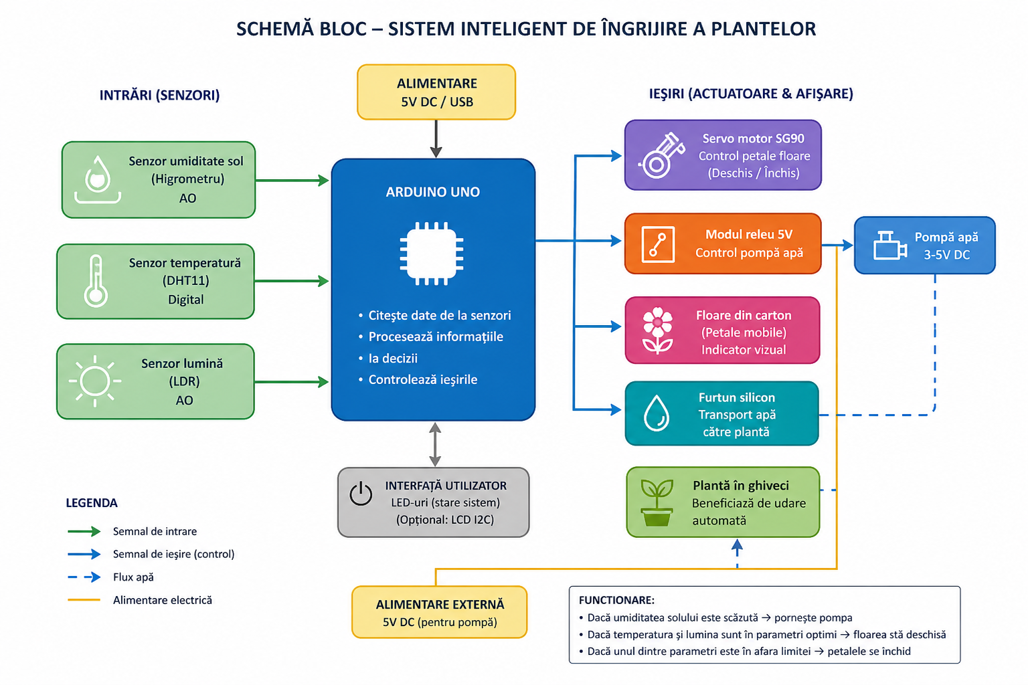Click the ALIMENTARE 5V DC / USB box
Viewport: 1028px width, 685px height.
pyautogui.click(x=436, y=92)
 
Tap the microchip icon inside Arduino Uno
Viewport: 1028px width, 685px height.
pyautogui.click(x=432, y=254)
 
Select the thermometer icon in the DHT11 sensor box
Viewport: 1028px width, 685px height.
pyautogui.click(x=96, y=281)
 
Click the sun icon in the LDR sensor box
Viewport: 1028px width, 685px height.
pyautogui.click(x=95, y=381)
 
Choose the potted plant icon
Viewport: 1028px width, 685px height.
pyautogui.click(x=657, y=503)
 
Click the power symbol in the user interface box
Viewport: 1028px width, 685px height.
pyautogui.click(x=361, y=494)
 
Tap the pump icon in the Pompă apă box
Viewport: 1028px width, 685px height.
pyautogui.click(x=889, y=246)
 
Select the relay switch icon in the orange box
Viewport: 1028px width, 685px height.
pyautogui.click(x=658, y=244)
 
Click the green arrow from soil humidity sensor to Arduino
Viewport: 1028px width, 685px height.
pyautogui.click(x=292, y=181)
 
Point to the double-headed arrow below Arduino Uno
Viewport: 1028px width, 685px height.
pyautogui.click(x=435, y=444)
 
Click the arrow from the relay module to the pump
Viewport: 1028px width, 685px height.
pyautogui.click(x=837, y=246)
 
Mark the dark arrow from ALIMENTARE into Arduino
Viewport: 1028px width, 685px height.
pyautogui.click(x=436, y=139)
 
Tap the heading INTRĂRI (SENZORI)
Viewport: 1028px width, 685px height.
pyautogui.click(x=160, y=95)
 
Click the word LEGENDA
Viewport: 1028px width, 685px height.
pyautogui.click(x=92, y=503)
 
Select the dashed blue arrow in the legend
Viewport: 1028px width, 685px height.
pyautogui.click(x=84, y=577)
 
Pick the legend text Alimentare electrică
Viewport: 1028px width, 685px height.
pyautogui.click(x=163, y=600)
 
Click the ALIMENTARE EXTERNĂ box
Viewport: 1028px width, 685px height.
pyautogui.click(x=439, y=612)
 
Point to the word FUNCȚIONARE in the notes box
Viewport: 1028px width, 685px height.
pyautogui.click(x=616, y=600)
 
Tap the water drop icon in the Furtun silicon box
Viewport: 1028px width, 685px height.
pyautogui.click(x=657, y=413)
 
